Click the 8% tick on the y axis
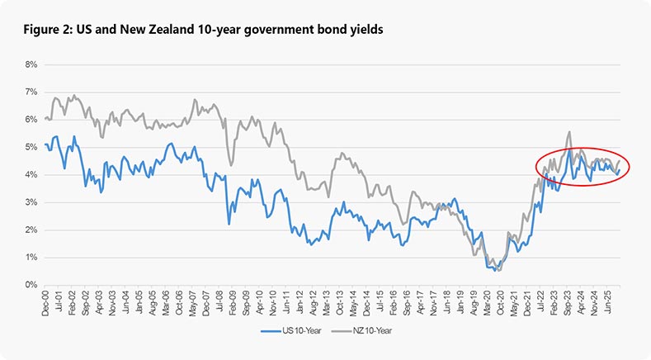coord(32,64)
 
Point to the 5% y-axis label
coord(32,147)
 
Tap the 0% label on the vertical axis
coord(32,285)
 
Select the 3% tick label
coord(32,202)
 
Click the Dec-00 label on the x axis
coord(47,303)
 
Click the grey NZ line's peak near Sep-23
coord(569,131)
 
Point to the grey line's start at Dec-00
coord(45,118)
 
